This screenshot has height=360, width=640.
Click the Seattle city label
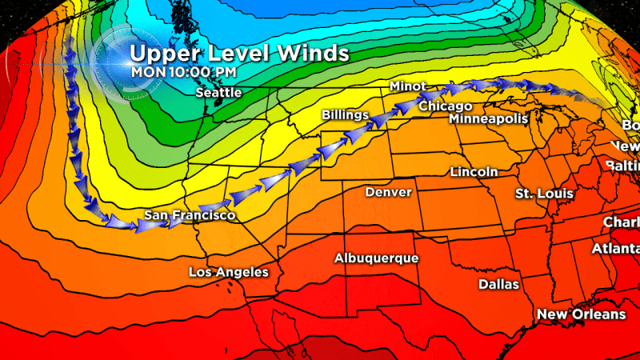coord(218,93)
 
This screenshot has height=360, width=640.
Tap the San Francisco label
coord(190,216)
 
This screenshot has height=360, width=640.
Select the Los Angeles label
coord(228,272)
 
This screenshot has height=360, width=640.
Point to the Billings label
coord(346,116)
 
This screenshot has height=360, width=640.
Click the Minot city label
coord(408,86)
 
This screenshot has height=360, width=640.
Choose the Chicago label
coord(446,106)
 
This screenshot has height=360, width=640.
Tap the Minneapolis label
coord(489,118)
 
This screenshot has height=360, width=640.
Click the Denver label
coord(388,192)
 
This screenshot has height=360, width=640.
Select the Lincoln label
coord(474,172)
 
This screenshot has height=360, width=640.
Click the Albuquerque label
coord(377,258)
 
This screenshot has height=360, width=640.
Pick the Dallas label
coord(498,284)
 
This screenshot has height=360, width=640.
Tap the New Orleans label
coord(581,314)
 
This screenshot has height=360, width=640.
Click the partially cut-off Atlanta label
coord(615,249)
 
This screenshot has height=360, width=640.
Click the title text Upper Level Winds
coord(239,54)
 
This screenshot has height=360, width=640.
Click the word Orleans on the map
coord(600,314)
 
